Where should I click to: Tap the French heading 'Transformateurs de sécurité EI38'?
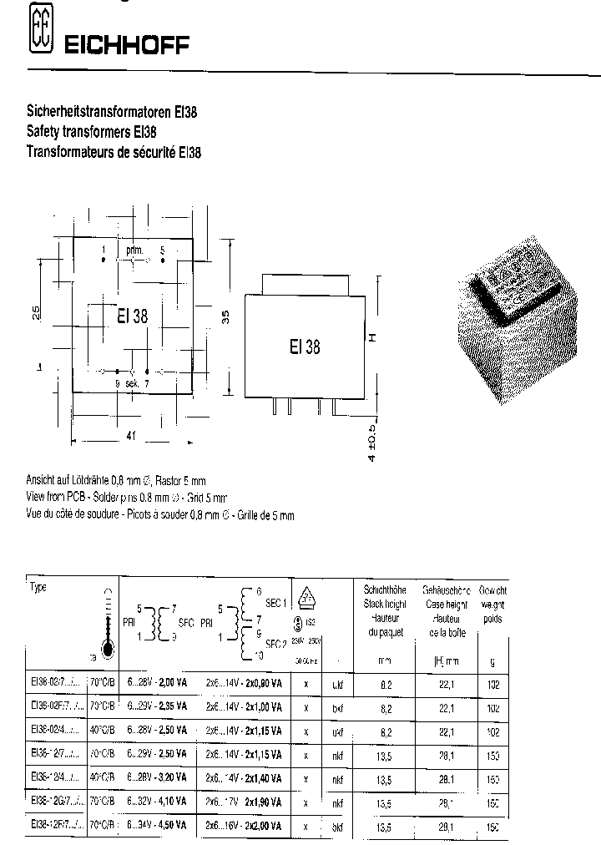114,152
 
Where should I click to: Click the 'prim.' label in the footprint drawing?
134,250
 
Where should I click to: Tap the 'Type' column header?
38,587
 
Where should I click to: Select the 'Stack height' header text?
384,603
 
